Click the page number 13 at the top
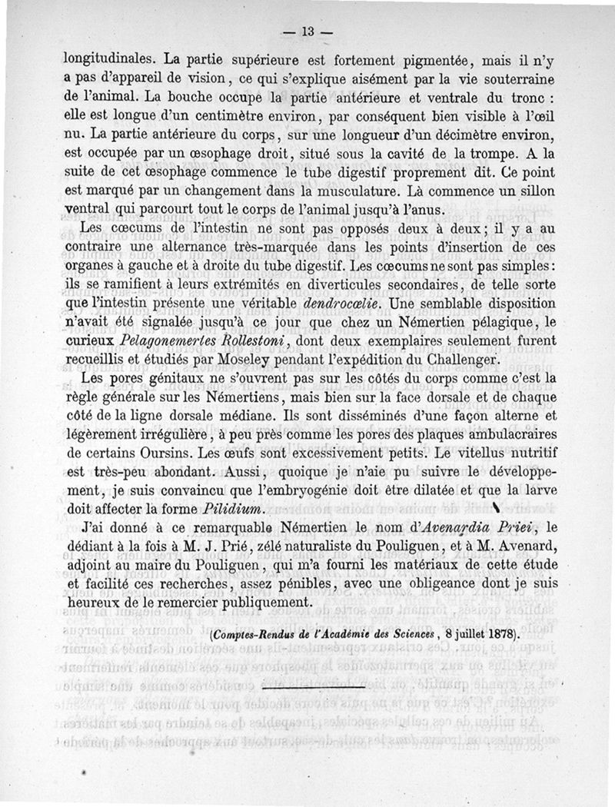(308, 32)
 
